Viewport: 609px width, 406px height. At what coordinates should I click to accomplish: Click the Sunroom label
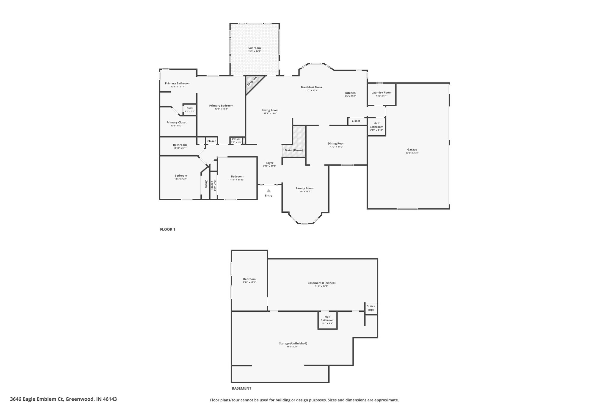pyautogui.click(x=255, y=48)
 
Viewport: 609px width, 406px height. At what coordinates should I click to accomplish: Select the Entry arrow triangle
pyautogui.click(x=269, y=191)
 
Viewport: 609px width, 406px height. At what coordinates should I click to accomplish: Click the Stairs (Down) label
pyautogui.click(x=293, y=150)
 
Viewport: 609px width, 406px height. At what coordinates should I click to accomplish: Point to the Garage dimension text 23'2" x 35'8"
pyautogui.click(x=412, y=153)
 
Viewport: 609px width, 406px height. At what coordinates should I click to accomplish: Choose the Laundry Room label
pyautogui.click(x=382, y=93)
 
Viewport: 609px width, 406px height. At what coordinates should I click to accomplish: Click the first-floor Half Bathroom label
pyautogui.click(x=376, y=125)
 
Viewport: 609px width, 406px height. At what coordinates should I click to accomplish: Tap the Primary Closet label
pyautogui.click(x=177, y=122)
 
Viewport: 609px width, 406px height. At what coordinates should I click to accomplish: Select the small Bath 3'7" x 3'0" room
pyautogui.click(x=189, y=109)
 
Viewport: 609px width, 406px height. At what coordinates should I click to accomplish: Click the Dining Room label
pyautogui.click(x=336, y=143)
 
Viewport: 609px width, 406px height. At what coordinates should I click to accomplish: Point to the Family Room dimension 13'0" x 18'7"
pyautogui.click(x=304, y=192)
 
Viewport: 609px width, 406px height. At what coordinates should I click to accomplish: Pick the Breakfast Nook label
pyautogui.click(x=311, y=87)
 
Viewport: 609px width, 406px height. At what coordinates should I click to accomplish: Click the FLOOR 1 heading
pyautogui.click(x=168, y=229)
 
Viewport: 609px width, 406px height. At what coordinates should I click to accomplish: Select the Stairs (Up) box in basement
pyautogui.click(x=371, y=308)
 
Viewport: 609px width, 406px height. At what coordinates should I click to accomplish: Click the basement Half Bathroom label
pyautogui.click(x=327, y=318)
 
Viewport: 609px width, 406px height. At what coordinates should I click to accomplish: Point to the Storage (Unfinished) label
pyautogui.click(x=293, y=343)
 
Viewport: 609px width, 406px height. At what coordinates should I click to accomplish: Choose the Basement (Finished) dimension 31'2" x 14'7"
pyautogui.click(x=321, y=286)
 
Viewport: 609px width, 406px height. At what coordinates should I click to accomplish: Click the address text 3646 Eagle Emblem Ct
pyautogui.click(x=37, y=399)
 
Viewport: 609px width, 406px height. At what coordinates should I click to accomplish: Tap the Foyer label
pyautogui.click(x=269, y=163)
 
